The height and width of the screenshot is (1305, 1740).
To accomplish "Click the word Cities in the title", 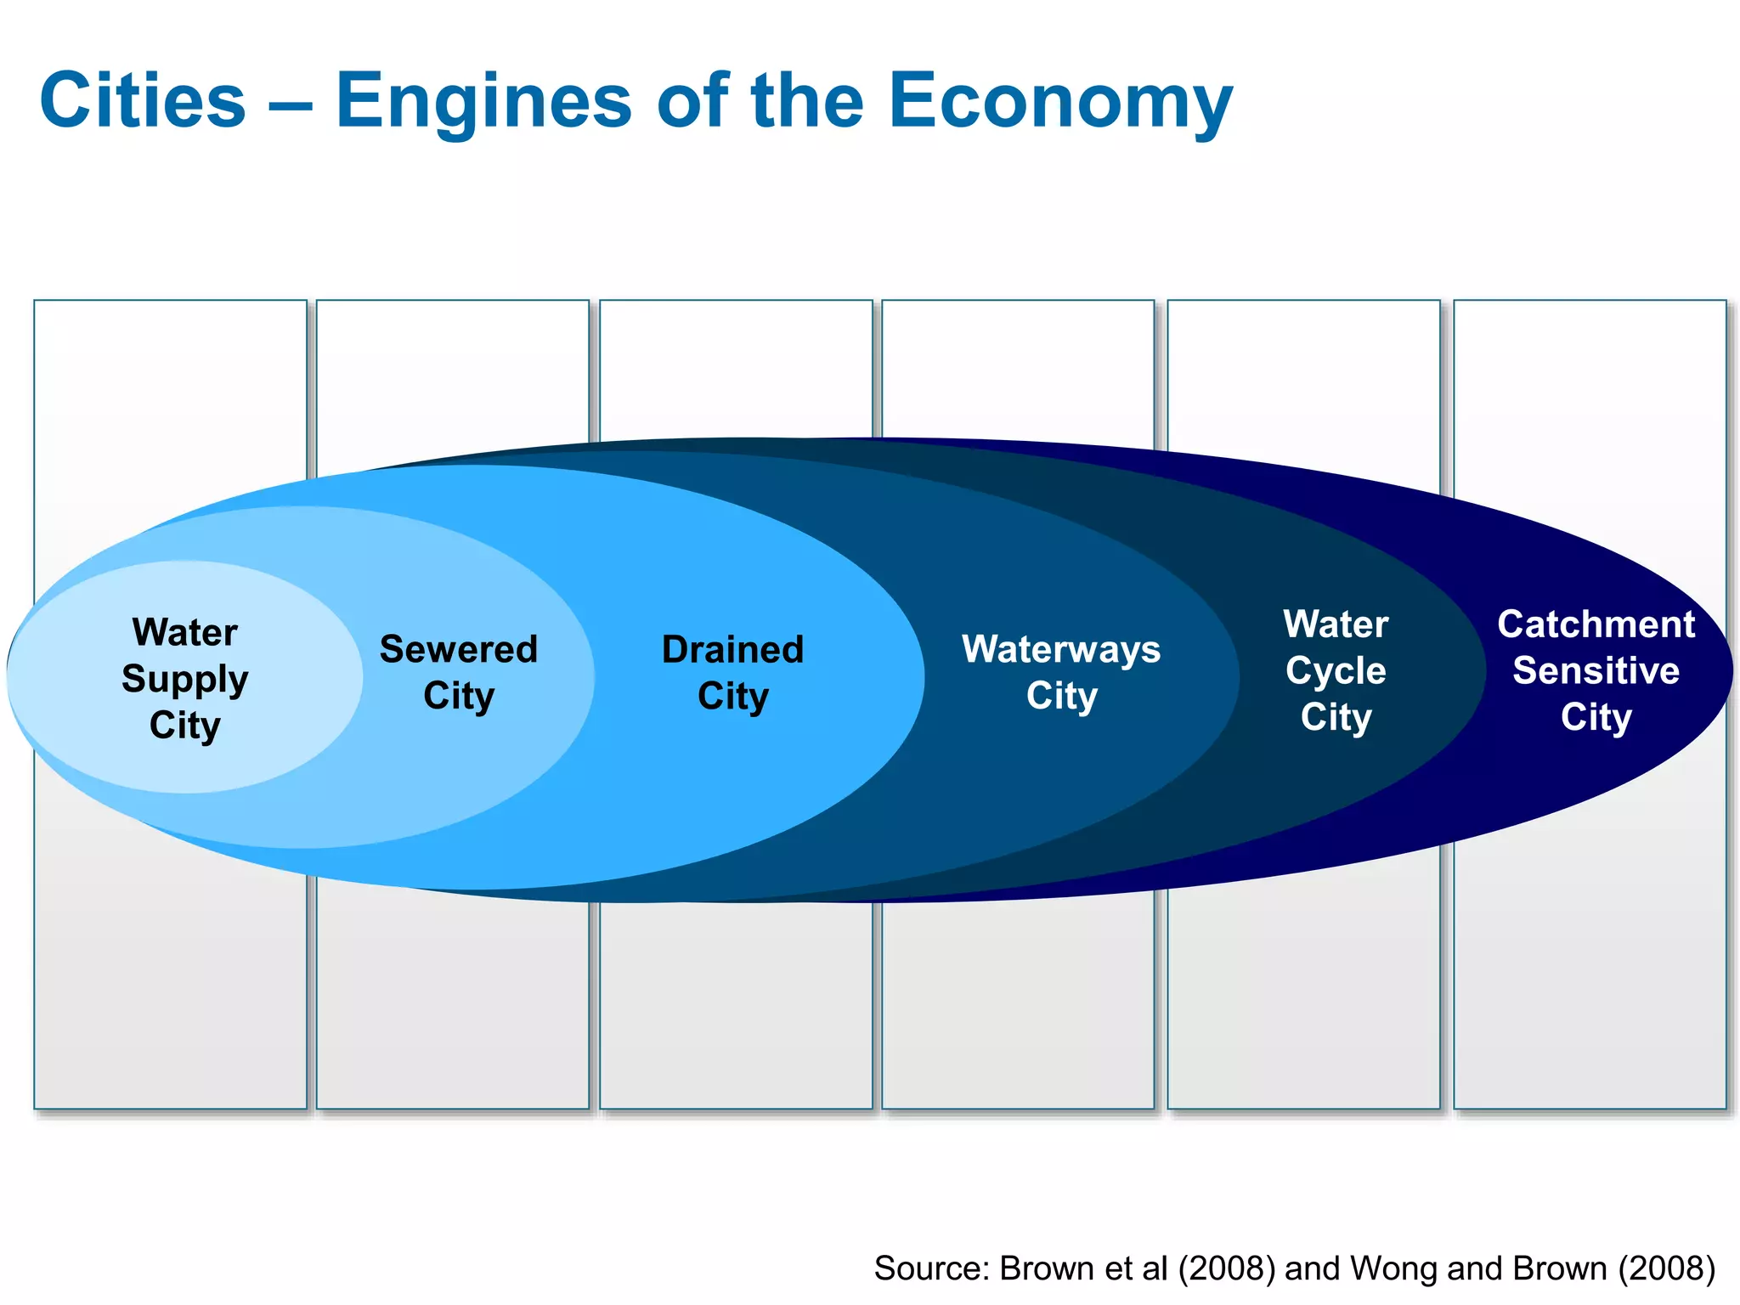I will pyautogui.click(x=143, y=101).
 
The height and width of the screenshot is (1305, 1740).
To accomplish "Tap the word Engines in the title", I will pyautogui.click(x=483, y=101).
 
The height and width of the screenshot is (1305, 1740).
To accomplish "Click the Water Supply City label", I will pyautogui.click(x=185, y=678).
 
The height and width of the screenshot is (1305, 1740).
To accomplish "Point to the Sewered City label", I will pyautogui.click(x=459, y=672).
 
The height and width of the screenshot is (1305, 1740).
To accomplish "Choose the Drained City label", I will pyautogui.click(x=732, y=672).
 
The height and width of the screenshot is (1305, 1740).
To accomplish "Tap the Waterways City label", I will pyautogui.click(x=1061, y=672).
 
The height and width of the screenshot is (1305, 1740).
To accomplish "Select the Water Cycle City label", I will pyautogui.click(x=1336, y=670).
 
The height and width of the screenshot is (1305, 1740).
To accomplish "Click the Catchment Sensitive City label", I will pyautogui.click(x=1596, y=670).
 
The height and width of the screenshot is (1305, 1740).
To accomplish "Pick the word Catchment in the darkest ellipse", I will pyautogui.click(x=1596, y=624).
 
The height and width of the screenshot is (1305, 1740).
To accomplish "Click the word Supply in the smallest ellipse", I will pyautogui.click(x=185, y=679).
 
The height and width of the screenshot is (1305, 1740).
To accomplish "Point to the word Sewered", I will pyautogui.click(x=459, y=650).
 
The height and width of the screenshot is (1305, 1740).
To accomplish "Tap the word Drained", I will pyautogui.click(x=732, y=650).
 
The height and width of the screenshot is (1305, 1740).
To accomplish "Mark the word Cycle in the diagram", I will pyautogui.click(x=1336, y=671).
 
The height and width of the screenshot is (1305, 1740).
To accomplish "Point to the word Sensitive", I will pyautogui.click(x=1596, y=671).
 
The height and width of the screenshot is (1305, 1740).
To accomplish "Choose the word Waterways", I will pyautogui.click(x=1061, y=650).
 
